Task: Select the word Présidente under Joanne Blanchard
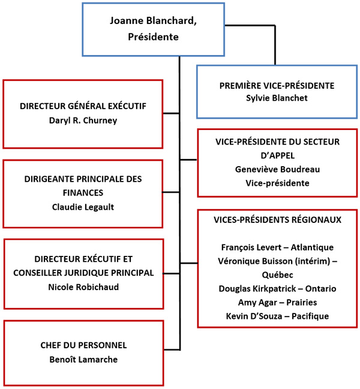[x=153, y=37]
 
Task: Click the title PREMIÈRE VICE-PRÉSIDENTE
[x=277, y=86]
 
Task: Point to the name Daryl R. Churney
[x=83, y=120]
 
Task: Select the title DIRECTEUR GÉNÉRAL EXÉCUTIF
[x=83, y=106]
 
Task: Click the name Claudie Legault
[x=83, y=207]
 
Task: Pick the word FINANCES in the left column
[x=83, y=193]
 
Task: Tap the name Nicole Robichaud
[x=83, y=287]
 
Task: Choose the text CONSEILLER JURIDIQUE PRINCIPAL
[x=83, y=273]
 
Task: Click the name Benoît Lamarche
[x=83, y=360]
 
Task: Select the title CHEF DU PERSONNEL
[x=83, y=346]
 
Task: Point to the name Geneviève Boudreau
[x=277, y=169]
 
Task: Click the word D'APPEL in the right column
[x=277, y=155]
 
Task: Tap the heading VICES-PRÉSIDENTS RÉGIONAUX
[x=277, y=220]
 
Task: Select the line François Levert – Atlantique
[x=277, y=247]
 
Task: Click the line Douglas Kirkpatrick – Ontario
[x=277, y=288]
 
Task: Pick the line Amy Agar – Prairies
[x=277, y=302]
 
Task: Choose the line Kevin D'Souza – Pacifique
[x=277, y=316]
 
